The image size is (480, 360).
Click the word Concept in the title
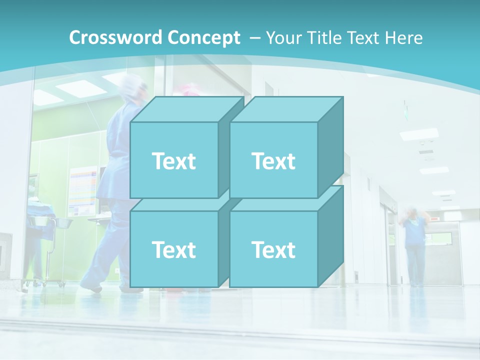[203, 38]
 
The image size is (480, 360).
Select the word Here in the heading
[403, 38]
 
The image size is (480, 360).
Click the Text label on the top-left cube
[174, 161]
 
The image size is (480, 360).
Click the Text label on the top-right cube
[273, 161]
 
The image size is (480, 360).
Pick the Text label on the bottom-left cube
[174, 249]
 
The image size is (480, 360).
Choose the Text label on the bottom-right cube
[273, 249]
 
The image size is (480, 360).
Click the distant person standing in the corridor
[414, 245]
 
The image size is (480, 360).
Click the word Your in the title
[283, 38]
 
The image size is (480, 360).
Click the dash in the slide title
[254, 38]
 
